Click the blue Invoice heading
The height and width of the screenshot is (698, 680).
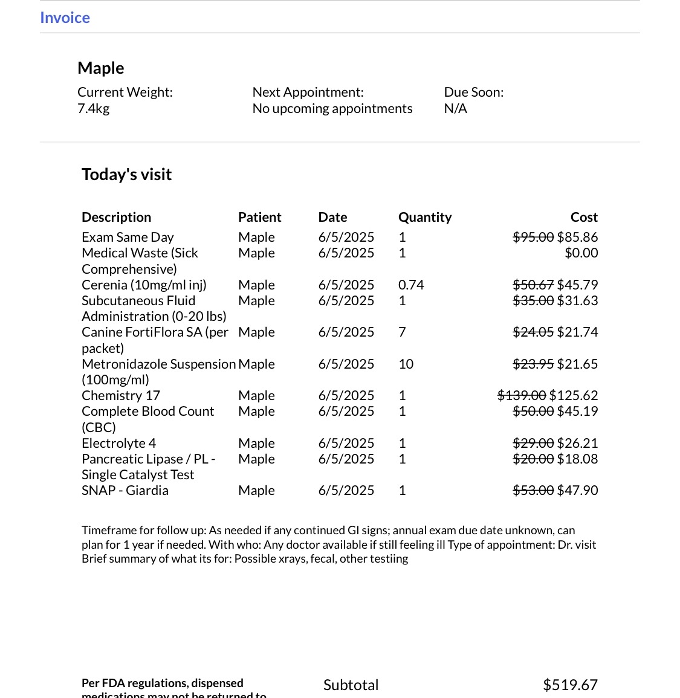(x=65, y=18)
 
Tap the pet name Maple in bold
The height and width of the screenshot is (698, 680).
(x=101, y=68)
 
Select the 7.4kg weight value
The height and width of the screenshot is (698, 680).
(x=93, y=108)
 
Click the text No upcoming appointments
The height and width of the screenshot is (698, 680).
(x=332, y=108)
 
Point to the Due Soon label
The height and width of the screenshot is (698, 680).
(x=473, y=92)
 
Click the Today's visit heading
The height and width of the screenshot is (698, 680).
(x=126, y=174)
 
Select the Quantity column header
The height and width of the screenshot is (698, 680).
(x=424, y=217)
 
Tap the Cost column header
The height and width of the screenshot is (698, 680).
(x=584, y=217)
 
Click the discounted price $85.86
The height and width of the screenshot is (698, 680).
(x=577, y=237)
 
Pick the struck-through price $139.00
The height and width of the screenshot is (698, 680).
(x=522, y=395)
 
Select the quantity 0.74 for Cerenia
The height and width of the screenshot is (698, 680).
(x=411, y=285)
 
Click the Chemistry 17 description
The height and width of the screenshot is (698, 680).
(x=121, y=395)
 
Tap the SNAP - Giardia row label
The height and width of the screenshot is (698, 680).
(x=125, y=490)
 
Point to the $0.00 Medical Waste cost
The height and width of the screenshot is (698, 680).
(x=581, y=253)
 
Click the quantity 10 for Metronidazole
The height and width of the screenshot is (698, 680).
(x=406, y=364)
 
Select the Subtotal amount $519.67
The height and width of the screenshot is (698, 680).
(x=570, y=685)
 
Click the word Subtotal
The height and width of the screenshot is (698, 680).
(x=351, y=685)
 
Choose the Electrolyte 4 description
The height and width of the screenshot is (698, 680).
(x=118, y=443)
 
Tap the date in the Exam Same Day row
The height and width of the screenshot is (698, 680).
(x=346, y=237)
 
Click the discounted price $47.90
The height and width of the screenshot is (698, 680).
(x=577, y=490)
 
